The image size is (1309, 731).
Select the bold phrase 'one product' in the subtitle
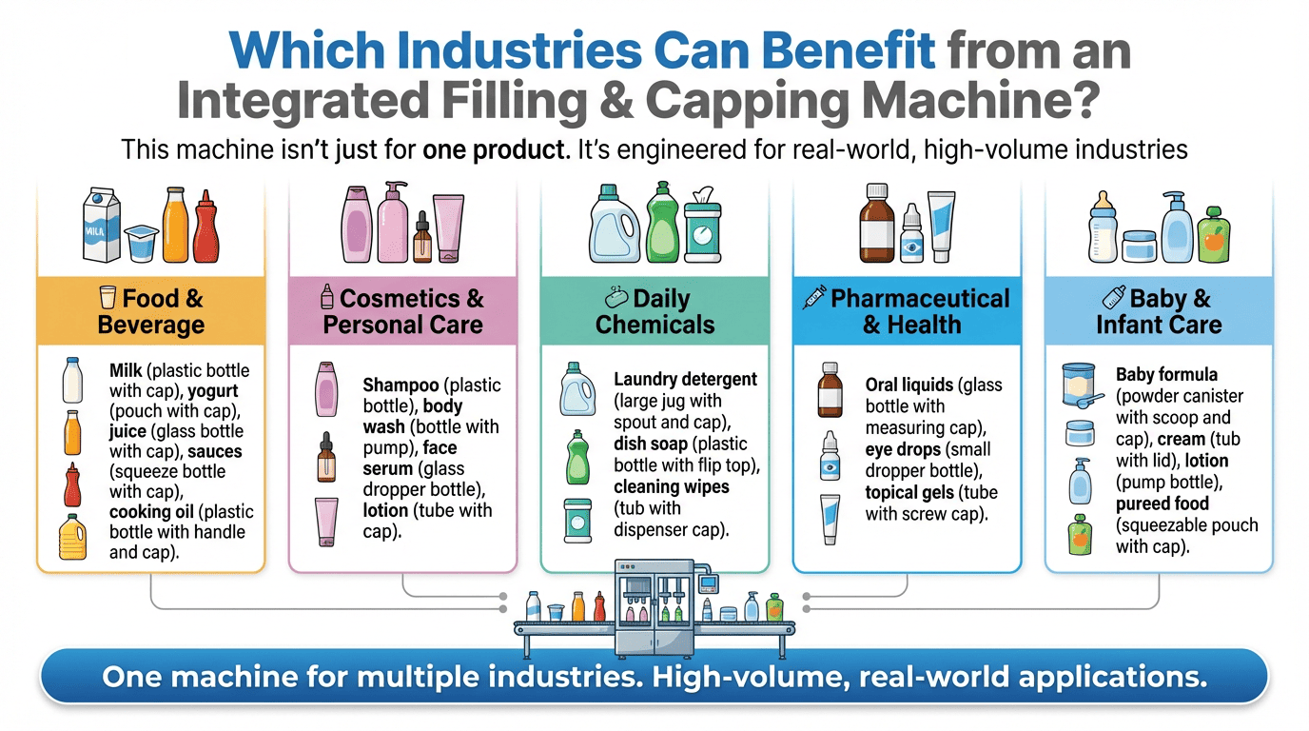tap(494, 149)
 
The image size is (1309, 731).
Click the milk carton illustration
tap(102, 224)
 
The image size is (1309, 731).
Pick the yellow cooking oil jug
tap(72, 537)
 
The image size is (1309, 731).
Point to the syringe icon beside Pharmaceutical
tap(814, 297)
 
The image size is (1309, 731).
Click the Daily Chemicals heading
tap(654, 311)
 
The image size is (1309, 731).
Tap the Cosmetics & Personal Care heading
tap(403, 311)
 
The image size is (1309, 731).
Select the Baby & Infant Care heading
tap(1159, 311)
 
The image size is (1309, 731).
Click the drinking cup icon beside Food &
tap(107, 297)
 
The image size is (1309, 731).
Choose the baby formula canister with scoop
tap(1081, 385)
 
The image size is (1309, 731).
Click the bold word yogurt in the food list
tap(213, 390)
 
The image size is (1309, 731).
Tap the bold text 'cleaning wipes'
tap(672, 486)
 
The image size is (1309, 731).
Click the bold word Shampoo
tap(401, 385)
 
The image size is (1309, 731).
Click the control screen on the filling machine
tap(709, 583)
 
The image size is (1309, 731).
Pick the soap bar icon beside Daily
tap(615, 298)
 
